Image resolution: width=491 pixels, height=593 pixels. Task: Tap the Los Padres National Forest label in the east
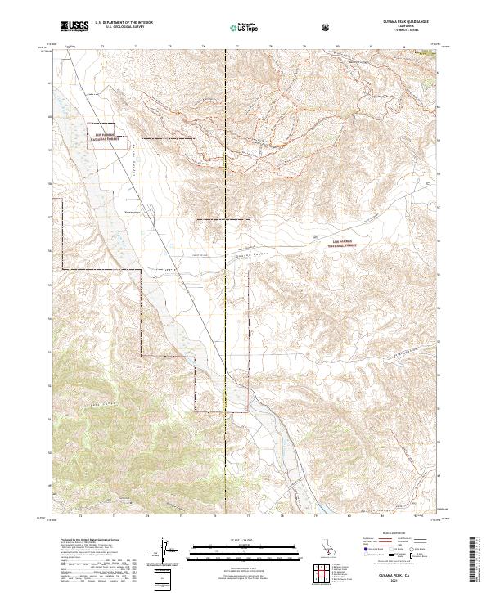(x=330, y=239)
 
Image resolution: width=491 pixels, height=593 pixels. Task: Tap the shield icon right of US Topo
(x=282, y=28)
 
